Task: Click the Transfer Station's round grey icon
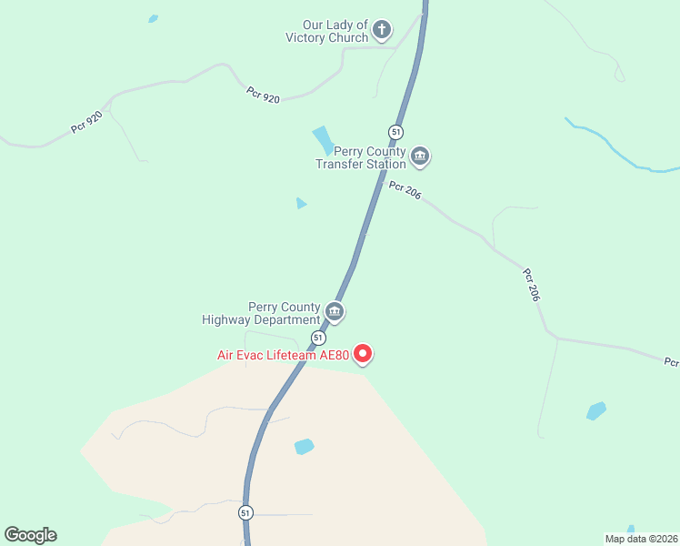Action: [420, 157]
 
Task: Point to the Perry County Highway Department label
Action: [261, 313]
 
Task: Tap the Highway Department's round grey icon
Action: [335, 312]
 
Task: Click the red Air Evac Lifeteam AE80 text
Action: [283, 355]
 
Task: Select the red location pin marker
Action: [363, 353]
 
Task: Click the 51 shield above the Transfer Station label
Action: [395, 131]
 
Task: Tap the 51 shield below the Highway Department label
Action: [318, 337]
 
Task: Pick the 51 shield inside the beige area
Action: [245, 513]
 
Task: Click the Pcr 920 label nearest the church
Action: [263, 95]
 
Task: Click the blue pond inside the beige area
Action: [304, 447]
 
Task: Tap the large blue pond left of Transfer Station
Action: [323, 140]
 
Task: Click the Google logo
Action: [30, 535]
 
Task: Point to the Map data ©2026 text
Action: [641, 539]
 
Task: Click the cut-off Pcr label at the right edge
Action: [671, 362]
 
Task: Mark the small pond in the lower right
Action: [596, 410]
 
